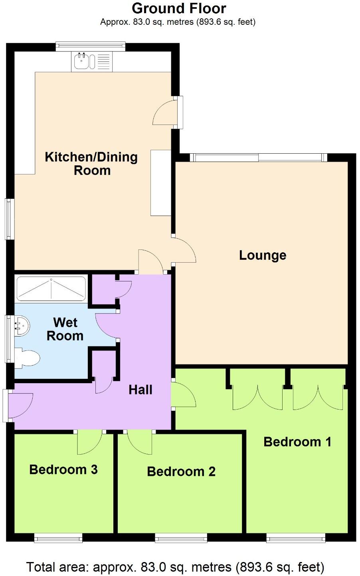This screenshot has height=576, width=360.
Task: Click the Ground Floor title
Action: [x=179, y=8]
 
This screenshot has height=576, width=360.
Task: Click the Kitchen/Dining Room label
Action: [x=91, y=164]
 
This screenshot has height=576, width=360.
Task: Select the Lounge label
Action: [x=263, y=255]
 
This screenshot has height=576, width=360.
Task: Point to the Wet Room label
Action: [x=65, y=329]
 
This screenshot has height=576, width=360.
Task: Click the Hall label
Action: [x=140, y=390]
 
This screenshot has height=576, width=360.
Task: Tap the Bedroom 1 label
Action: [x=297, y=442]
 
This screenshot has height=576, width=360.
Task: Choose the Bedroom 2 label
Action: [x=181, y=471]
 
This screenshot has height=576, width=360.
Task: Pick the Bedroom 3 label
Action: [x=63, y=469]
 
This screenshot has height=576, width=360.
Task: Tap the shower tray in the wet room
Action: [x=51, y=288]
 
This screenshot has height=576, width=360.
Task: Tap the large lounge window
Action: [x=258, y=158]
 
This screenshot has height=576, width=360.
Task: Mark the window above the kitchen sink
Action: [x=91, y=47]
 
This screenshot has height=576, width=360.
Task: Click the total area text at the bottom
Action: [x=175, y=567]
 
